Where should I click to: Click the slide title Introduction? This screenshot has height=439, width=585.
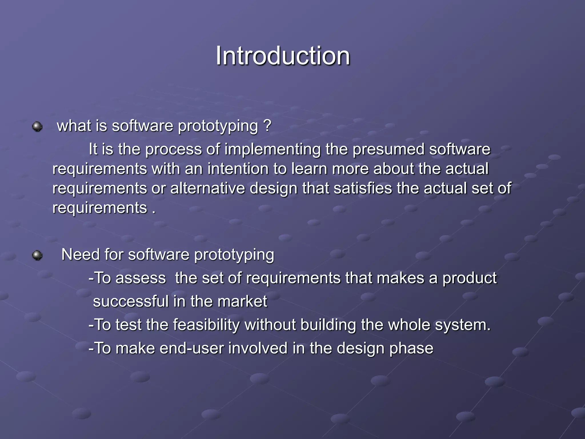(283, 56)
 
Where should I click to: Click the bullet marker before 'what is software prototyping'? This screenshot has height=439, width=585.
(37, 126)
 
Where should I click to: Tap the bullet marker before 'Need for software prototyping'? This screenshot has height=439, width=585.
(37, 255)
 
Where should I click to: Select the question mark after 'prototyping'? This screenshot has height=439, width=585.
(267, 126)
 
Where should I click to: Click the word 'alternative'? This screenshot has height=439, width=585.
(207, 188)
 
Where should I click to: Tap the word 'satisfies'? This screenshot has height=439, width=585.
(363, 188)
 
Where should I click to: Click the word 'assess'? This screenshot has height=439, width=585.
(141, 278)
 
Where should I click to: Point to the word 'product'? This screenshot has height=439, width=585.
(470, 278)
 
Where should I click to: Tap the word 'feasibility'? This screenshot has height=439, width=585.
(206, 325)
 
